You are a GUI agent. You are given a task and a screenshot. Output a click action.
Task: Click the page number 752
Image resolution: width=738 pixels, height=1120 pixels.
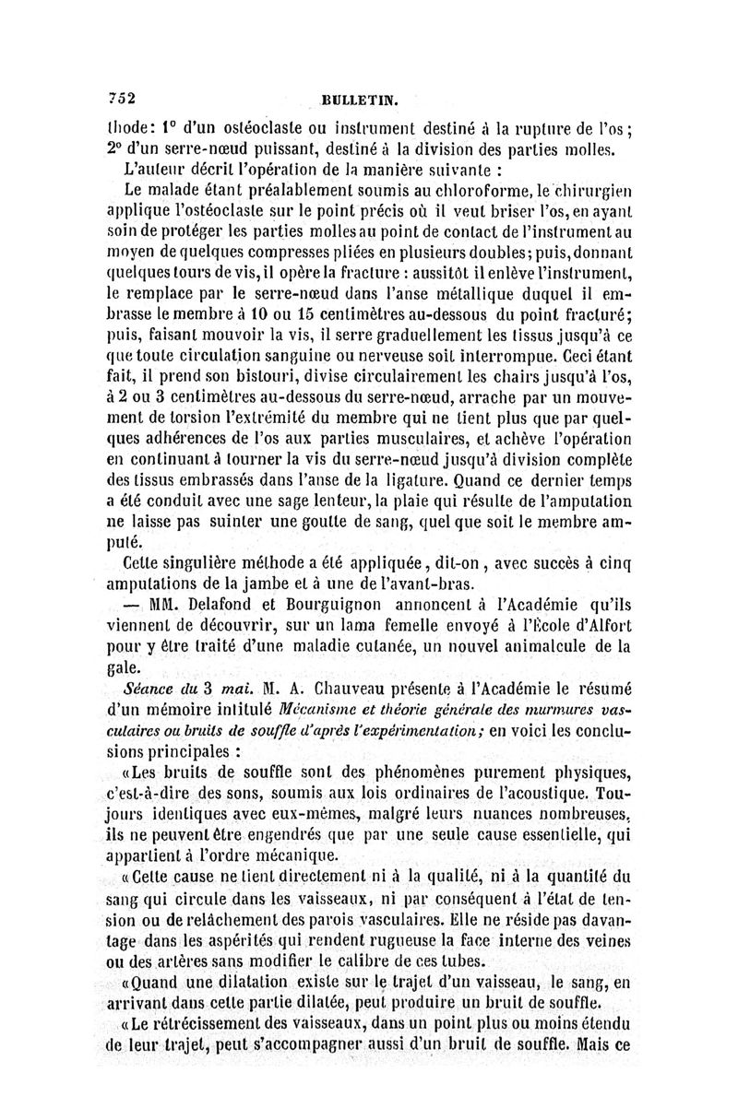(x=122, y=99)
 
